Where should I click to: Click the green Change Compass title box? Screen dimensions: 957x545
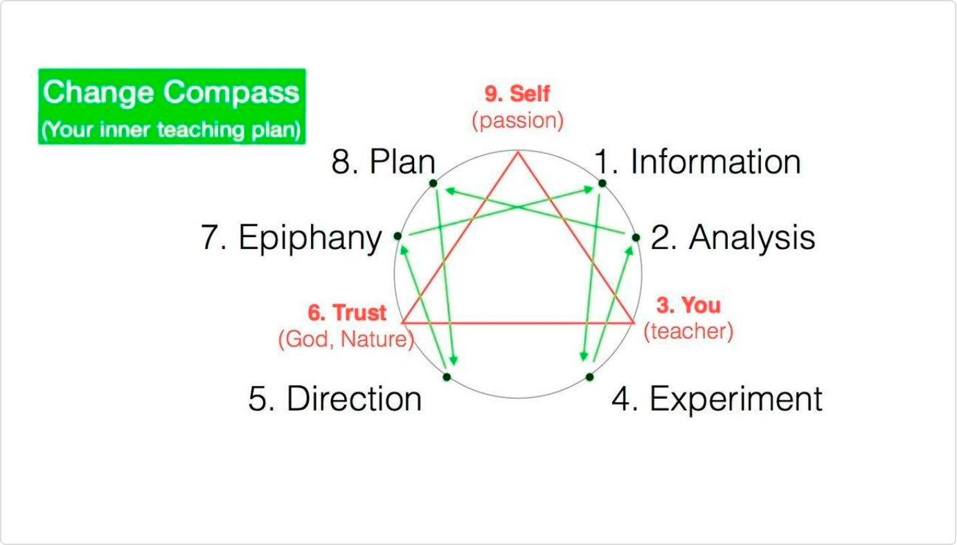click(x=172, y=107)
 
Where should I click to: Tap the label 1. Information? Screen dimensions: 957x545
click(x=698, y=162)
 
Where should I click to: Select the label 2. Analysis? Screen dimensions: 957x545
click(x=733, y=237)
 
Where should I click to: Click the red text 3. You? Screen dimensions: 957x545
click(x=688, y=305)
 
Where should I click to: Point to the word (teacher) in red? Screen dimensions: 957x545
click(x=688, y=331)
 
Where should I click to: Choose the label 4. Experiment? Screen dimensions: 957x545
click(x=717, y=399)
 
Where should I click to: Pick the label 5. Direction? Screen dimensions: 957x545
click(x=335, y=399)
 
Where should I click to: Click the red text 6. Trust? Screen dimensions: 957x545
click(x=347, y=312)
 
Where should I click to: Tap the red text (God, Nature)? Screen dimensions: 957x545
click(x=346, y=339)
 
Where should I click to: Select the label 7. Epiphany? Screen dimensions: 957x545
click(x=292, y=237)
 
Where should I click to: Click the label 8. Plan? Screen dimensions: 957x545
click(x=383, y=162)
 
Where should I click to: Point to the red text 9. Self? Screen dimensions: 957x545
click(x=517, y=94)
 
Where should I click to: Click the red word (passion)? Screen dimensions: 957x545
click(x=518, y=120)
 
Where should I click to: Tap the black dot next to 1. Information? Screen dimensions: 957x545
click(x=602, y=184)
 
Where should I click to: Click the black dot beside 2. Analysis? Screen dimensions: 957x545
click(x=636, y=237)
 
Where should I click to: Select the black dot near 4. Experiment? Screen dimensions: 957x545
click(x=589, y=377)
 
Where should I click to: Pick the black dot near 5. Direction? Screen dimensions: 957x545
click(x=447, y=377)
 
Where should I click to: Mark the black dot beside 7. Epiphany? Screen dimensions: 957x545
click(x=397, y=236)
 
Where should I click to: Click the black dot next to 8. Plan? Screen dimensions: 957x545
click(x=433, y=184)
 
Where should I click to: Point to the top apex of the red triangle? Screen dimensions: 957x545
click(x=518, y=151)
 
